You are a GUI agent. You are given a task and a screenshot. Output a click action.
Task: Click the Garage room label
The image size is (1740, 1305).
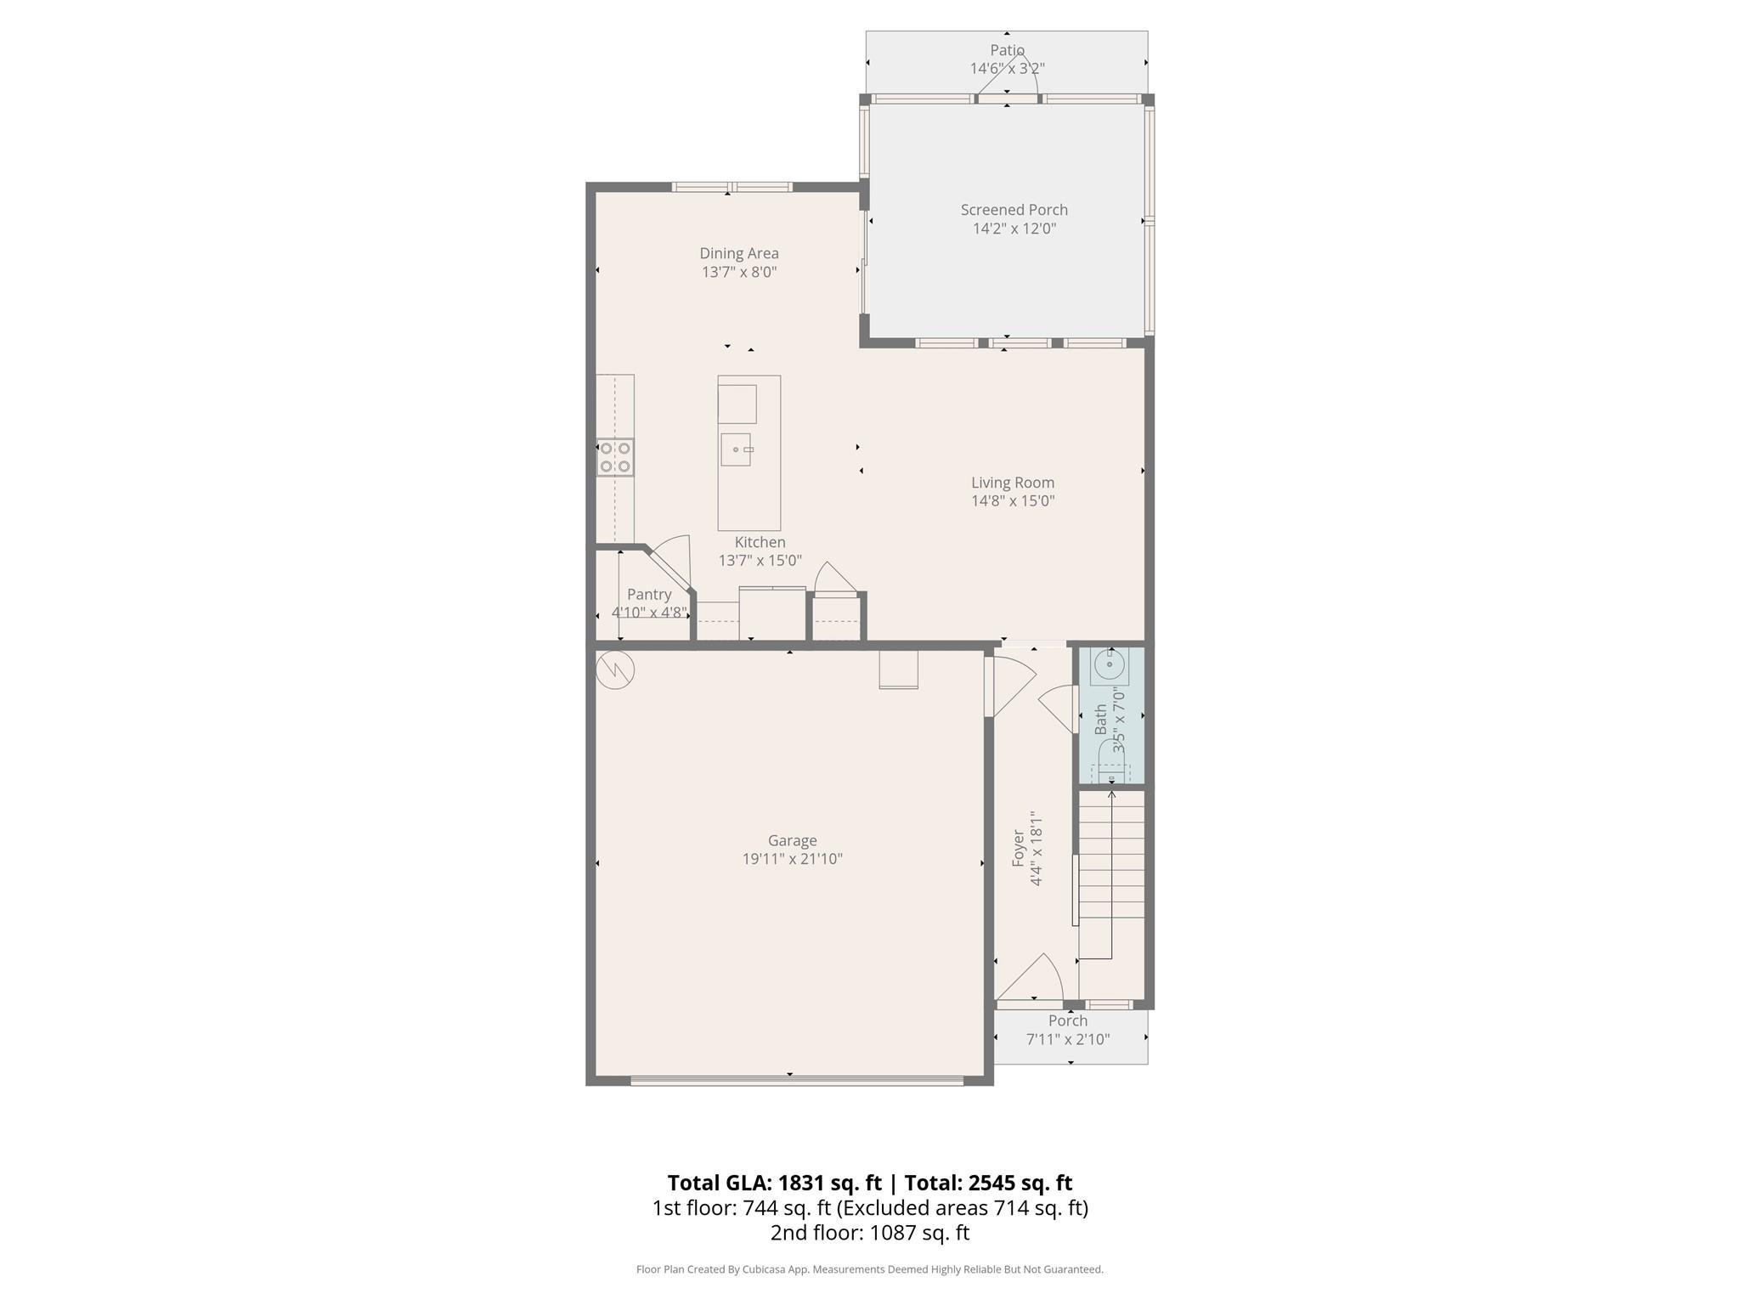[792, 840]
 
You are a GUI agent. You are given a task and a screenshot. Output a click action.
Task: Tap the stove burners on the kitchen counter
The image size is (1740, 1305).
[615, 457]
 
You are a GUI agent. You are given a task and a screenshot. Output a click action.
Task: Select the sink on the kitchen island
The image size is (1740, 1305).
[736, 449]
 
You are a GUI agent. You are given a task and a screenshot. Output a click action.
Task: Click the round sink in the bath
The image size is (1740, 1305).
[1110, 665]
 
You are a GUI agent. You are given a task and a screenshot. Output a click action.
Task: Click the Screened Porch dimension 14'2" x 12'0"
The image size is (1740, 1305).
[1014, 229]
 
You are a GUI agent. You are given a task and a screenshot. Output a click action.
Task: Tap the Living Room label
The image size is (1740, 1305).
[1013, 483]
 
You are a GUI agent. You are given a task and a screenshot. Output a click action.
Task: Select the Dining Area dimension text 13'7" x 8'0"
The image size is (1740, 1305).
[738, 272]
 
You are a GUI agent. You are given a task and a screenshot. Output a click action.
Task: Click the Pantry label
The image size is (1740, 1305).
[649, 595]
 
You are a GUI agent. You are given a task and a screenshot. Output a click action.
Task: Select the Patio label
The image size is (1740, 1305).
[1007, 50]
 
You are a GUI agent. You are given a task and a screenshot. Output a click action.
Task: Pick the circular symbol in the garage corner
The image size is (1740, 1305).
[615, 669]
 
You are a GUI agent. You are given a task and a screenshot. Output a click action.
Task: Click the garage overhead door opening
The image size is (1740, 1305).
[796, 1081]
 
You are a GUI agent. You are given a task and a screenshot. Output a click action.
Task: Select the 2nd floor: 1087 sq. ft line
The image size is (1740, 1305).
[869, 1233]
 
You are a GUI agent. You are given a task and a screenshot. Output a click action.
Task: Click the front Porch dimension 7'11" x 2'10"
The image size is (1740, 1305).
[1068, 1039]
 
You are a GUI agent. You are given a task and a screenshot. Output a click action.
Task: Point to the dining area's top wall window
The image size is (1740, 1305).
[732, 187]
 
